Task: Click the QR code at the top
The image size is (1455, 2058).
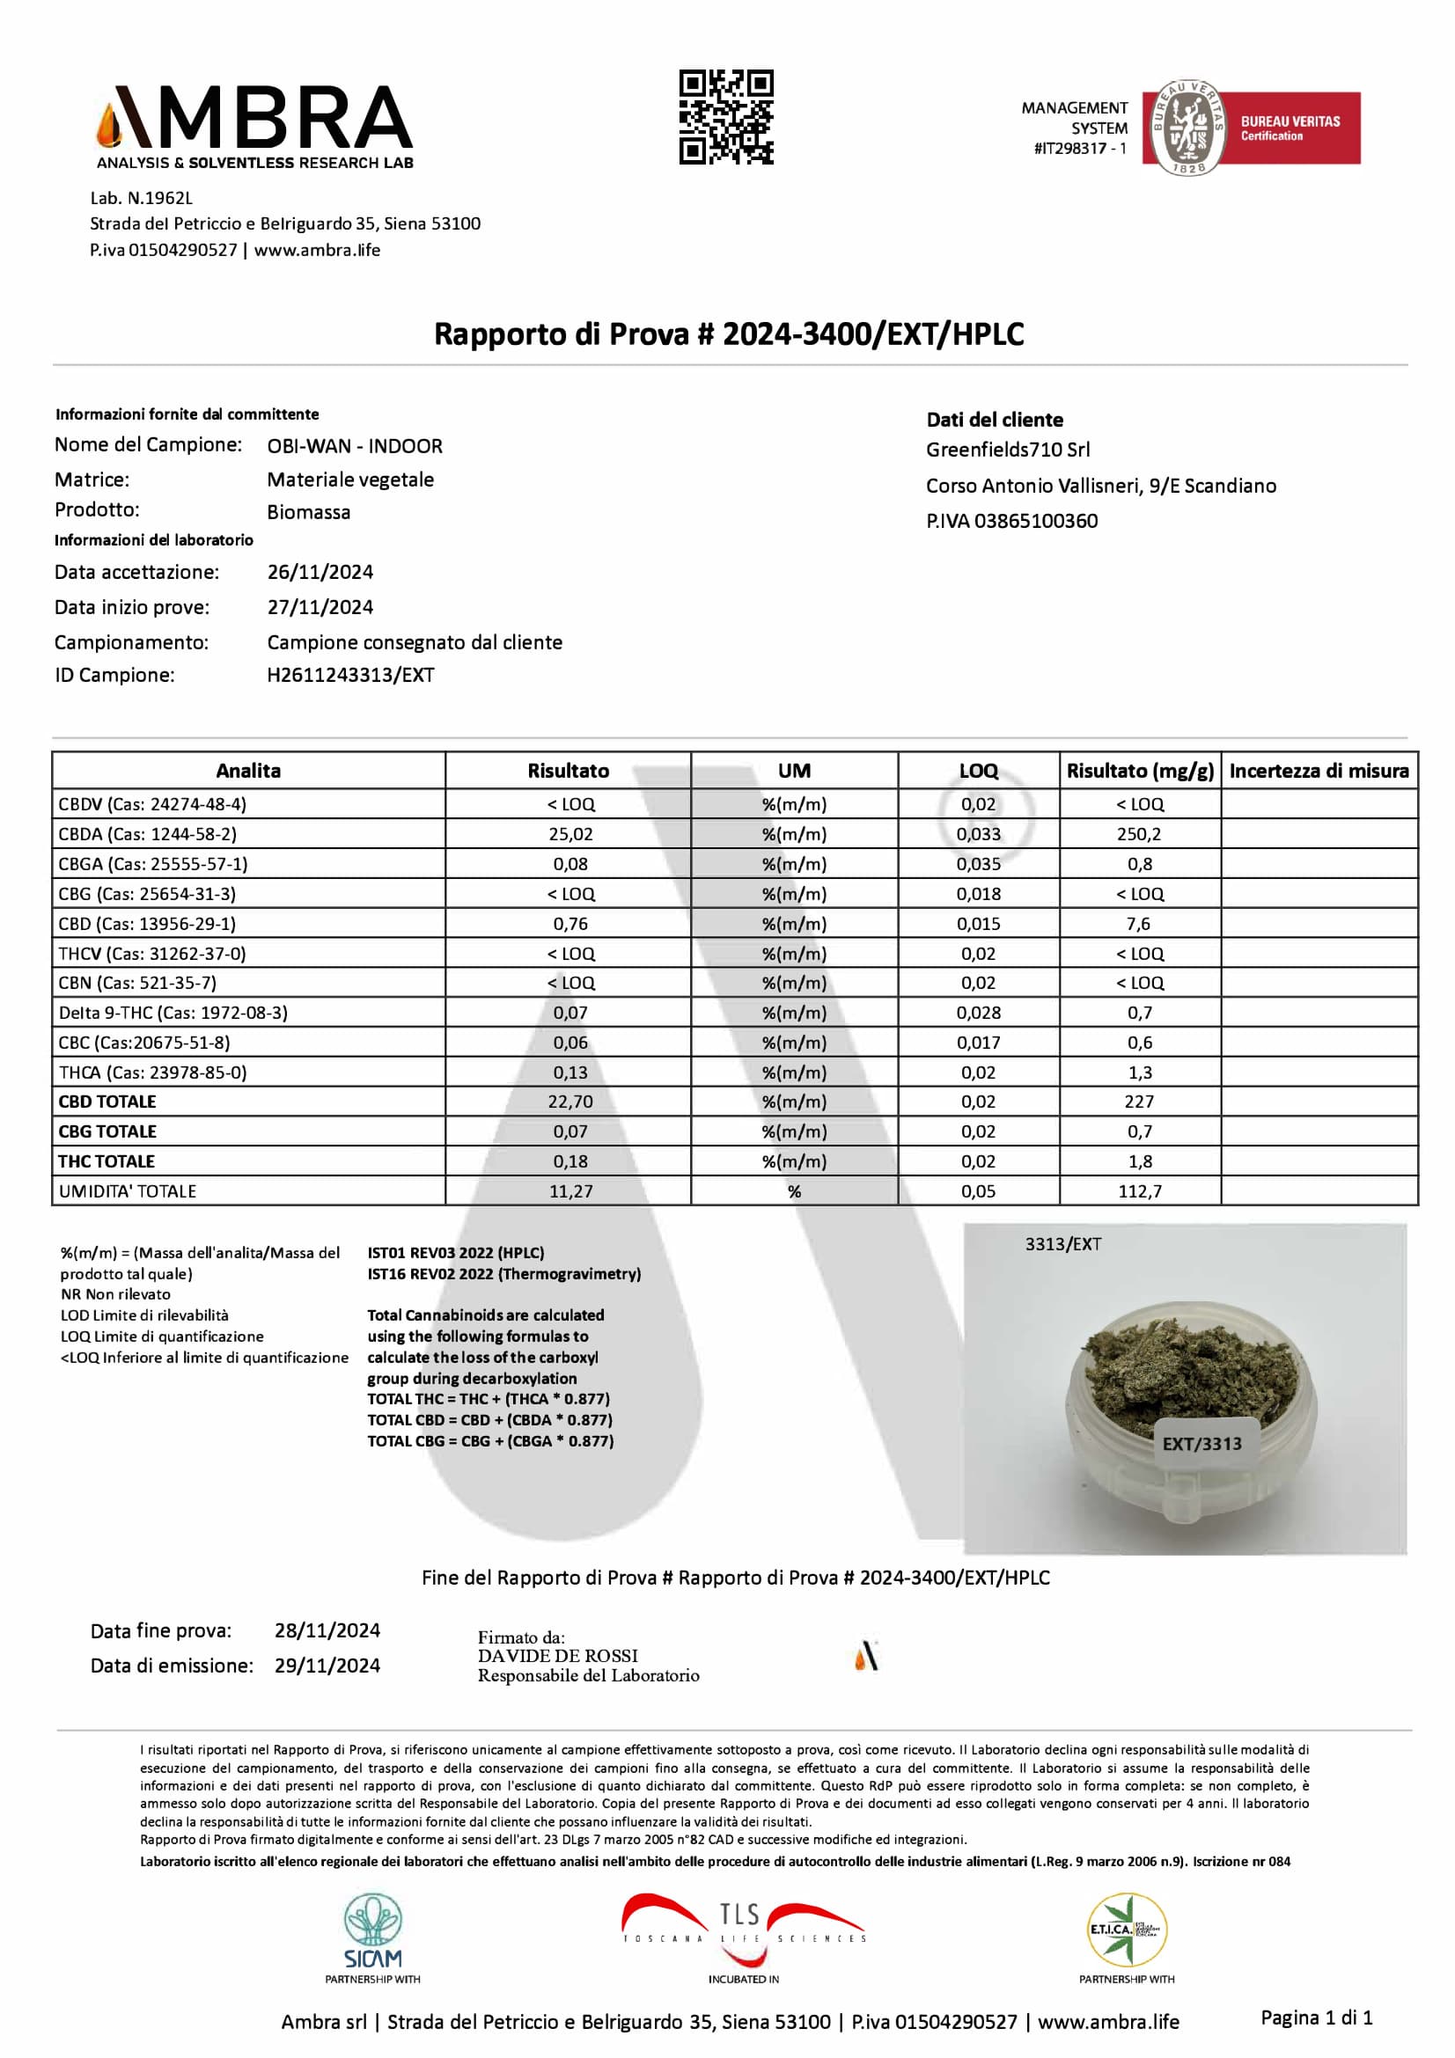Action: [x=725, y=117]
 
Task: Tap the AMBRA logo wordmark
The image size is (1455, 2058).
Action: [x=254, y=118]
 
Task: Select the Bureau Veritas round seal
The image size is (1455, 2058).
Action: [x=1187, y=128]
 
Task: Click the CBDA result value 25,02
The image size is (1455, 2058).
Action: [x=570, y=833]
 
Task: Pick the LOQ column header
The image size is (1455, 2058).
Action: [x=977, y=771]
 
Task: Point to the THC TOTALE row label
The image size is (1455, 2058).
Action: [x=107, y=1161]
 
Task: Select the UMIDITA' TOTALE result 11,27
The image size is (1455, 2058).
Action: [x=570, y=1191]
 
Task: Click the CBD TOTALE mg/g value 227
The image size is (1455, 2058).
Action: [x=1138, y=1102]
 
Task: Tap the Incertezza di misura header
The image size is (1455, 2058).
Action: [x=1318, y=771]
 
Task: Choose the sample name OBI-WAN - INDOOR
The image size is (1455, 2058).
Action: [x=354, y=445]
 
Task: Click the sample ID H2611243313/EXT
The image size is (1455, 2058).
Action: [x=350, y=675]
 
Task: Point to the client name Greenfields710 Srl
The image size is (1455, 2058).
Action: [x=1008, y=449]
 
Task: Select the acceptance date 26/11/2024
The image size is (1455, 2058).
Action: [x=320, y=572]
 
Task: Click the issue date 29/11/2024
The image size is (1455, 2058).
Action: [x=327, y=1666]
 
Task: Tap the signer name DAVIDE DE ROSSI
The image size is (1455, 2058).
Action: [x=557, y=1656]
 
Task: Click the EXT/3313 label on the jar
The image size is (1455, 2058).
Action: [x=1201, y=1443]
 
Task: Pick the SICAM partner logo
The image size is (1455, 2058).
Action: [x=373, y=1936]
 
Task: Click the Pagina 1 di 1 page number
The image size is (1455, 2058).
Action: [x=1316, y=2018]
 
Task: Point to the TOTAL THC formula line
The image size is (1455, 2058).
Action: [x=488, y=1398]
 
